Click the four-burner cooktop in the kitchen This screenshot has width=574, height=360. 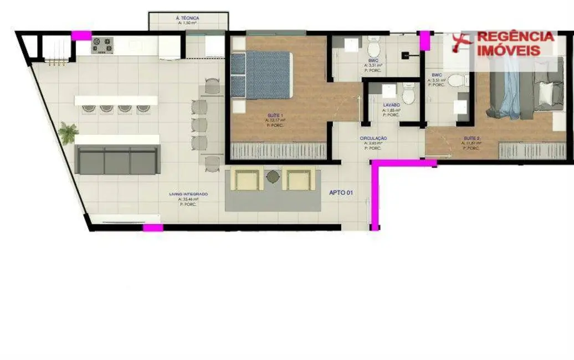(x=102, y=45)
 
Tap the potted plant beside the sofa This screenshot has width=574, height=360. (x=68, y=133)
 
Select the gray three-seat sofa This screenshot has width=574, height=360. (x=117, y=160)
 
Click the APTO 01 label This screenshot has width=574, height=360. (x=341, y=193)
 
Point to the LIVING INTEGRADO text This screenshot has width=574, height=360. (x=188, y=194)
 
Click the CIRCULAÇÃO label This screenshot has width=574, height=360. (x=373, y=138)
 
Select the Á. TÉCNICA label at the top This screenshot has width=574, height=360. (x=187, y=18)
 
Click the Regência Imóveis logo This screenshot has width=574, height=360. (x=503, y=43)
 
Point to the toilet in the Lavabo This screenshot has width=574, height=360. (x=408, y=95)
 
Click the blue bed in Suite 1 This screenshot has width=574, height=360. (x=260, y=75)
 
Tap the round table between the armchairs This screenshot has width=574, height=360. (x=273, y=177)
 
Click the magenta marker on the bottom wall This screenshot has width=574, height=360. (x=153, y=227)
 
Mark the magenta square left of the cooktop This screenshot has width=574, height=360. (x=81, y=35)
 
